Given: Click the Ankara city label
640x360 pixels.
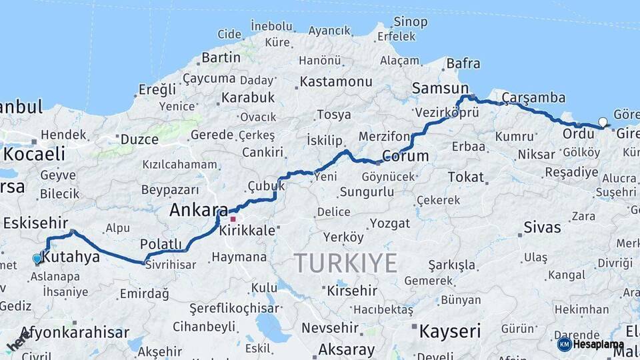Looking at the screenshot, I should point(198,211).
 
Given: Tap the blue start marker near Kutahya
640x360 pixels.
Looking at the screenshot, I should point(37,259).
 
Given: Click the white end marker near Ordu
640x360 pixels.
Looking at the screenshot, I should point(603,122).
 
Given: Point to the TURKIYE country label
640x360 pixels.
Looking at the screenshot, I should point(345,263).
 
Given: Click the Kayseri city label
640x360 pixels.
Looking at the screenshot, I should point(449,331).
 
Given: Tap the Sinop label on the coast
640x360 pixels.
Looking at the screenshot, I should point(411,22).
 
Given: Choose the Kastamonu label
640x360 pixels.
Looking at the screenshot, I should point(335,81).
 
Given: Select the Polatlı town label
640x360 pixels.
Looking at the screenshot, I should point(161,243).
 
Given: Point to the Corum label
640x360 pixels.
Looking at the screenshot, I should point(405,156).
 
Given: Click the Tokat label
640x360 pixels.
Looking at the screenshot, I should point(465,177).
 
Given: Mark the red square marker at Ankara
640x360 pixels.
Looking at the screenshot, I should point(233,219).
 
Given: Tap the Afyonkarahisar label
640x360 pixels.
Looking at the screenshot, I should point(75,332).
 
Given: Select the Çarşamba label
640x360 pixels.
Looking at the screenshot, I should point(533,97).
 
